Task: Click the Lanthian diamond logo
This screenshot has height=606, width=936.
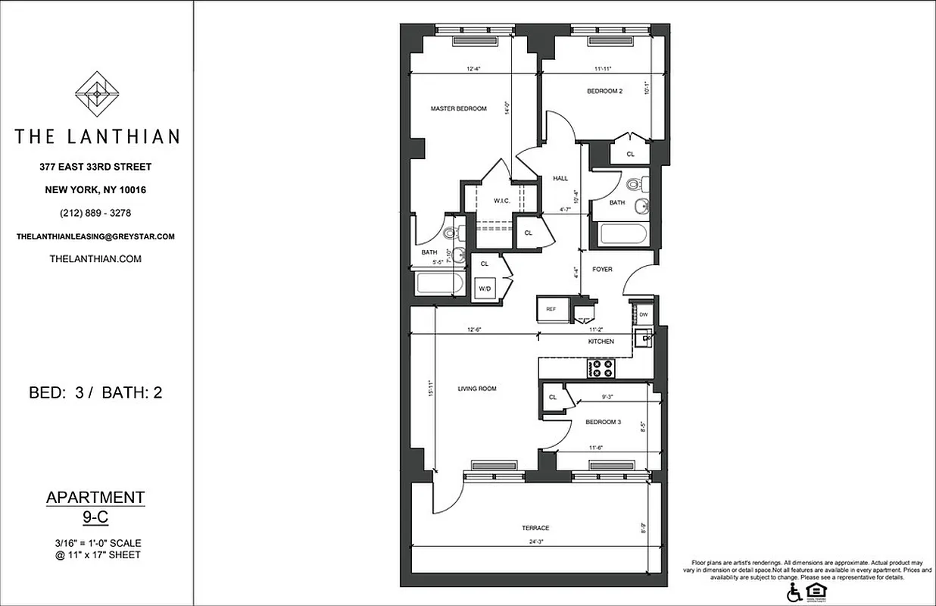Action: (96, 94)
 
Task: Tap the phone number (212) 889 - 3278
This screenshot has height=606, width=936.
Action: (95, 213)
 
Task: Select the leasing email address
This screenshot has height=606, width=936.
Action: (95, 236)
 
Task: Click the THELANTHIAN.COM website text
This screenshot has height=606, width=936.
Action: (95, 258)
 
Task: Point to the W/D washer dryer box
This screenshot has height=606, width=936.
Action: (483, 288)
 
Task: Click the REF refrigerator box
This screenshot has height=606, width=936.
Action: (551, 309)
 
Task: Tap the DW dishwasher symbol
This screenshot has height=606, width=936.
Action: (644, 314)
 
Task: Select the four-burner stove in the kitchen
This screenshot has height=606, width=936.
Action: (603, 368)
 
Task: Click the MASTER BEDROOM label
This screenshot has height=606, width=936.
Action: (458, 109)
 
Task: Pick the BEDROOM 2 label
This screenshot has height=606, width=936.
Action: (604, 92)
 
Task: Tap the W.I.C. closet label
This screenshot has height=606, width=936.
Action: (501, 201)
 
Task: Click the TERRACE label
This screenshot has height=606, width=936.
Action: (535, 528)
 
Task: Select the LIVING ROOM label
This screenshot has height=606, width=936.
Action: (477, 389)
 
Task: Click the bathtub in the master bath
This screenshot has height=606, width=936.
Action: (440, 285)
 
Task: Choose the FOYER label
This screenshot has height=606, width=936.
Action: (602, 270)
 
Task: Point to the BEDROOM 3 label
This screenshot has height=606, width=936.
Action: (604, 422)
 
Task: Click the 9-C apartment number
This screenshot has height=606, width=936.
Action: (95, 518)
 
